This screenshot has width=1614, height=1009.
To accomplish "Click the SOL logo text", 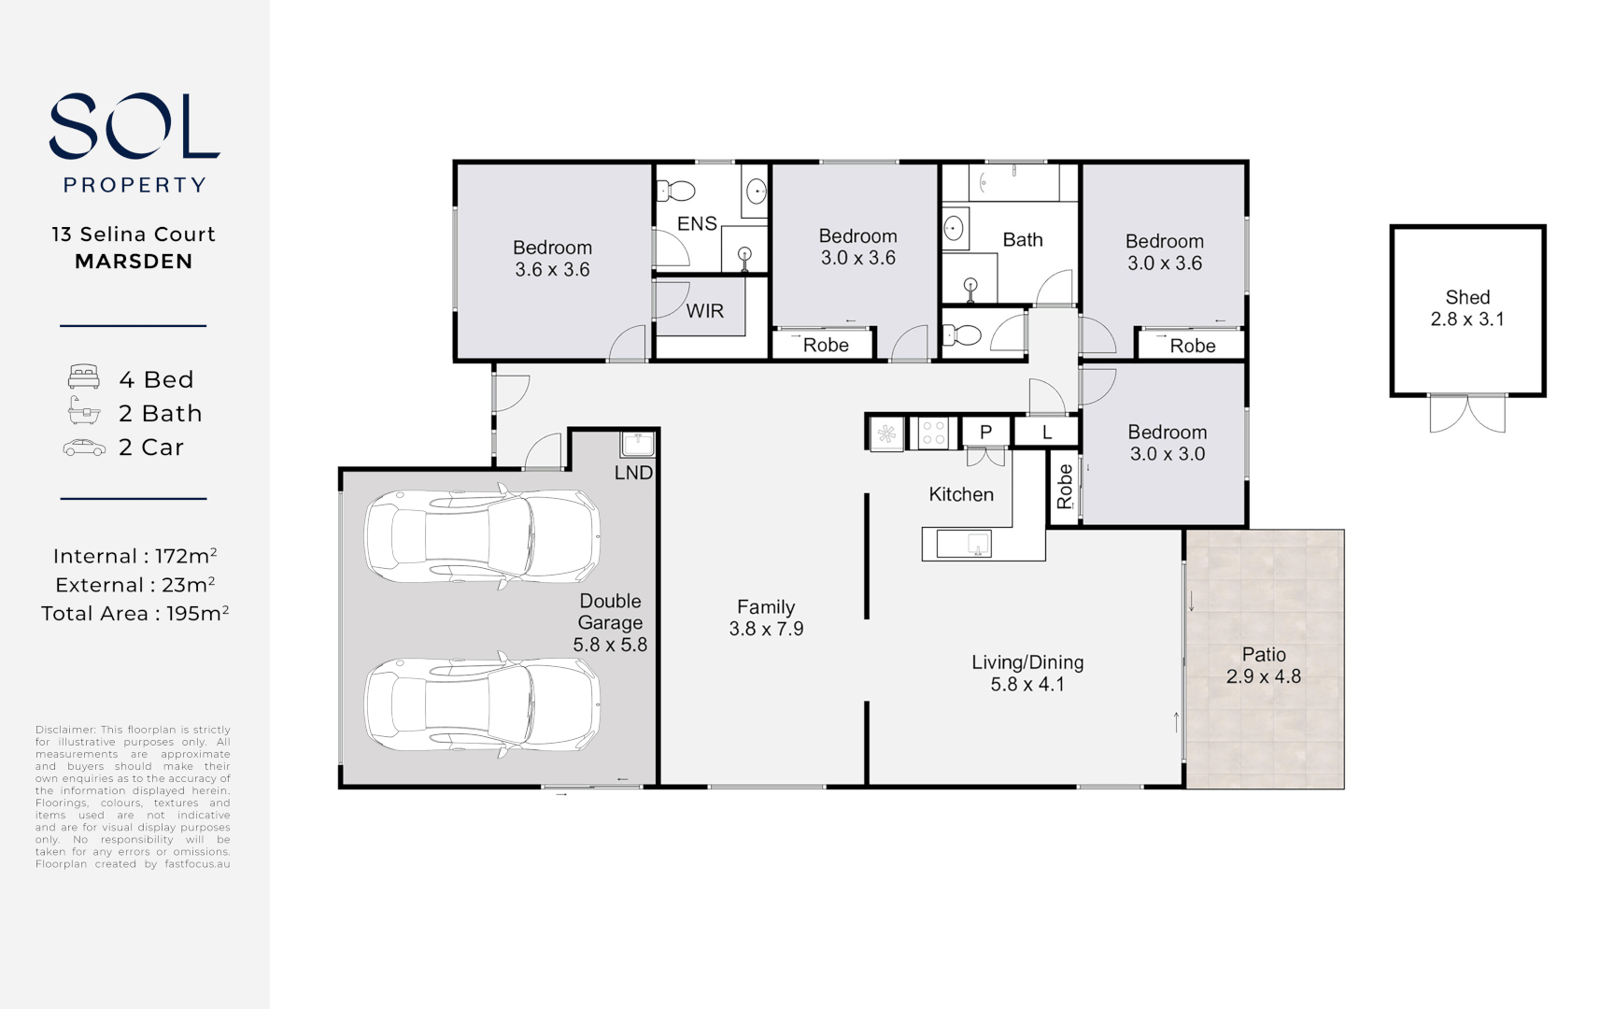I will point(134,126).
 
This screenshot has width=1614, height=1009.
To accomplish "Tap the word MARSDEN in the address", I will point(134,262).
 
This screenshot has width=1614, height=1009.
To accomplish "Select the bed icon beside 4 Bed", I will point(84,377).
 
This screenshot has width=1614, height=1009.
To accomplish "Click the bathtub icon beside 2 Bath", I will point(84,411).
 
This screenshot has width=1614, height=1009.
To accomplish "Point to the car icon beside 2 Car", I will point(84,448).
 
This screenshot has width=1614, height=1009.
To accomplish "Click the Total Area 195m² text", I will point(134,614).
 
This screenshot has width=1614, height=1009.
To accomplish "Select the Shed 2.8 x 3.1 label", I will point(1466,308).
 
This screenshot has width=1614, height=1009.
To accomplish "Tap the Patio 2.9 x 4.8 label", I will point(1263,665).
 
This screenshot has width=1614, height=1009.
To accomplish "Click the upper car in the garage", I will point(482,535).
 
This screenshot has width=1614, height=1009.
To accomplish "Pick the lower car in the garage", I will point(482,705).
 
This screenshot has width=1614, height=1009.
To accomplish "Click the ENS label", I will point(697,223).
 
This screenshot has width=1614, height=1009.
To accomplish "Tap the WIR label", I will point(704,311).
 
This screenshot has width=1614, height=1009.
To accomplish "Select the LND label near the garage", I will point(633,473).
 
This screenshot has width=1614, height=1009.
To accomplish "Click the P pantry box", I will point(985,433).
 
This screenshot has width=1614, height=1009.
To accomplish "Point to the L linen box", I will point(1046,433).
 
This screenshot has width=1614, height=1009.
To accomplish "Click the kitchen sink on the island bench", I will point(978,544).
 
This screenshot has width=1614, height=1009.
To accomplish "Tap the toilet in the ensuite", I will point(676,192).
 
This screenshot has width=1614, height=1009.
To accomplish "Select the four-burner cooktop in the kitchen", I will point(933,433).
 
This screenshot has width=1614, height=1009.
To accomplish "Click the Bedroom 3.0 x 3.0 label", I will point(1167,443).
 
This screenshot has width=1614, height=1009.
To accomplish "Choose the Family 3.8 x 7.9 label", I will point(766,618).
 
